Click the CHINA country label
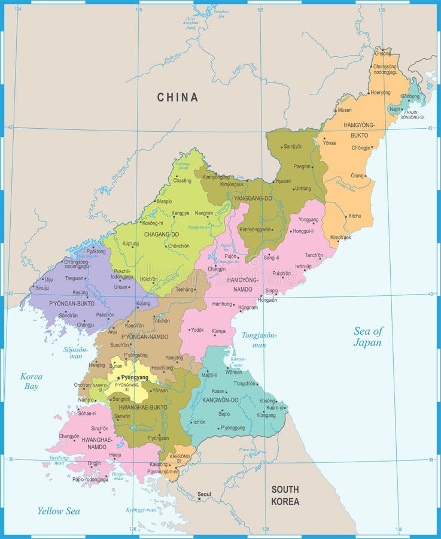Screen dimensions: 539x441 [x=177, y=97]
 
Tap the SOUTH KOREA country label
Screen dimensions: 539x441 [x=285, y=495]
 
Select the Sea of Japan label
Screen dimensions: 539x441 [x=367, y=337]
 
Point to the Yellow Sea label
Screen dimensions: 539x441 [x=59, y=511]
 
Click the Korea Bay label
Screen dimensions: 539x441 [x=31, y=381]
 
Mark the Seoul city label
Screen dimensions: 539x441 [x=205, y=494]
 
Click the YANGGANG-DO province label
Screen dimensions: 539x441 [x=253, y=198]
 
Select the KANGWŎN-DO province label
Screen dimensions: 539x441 [x=221, y=399]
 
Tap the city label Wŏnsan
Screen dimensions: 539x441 [x=234, y=372]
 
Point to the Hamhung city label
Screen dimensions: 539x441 [x=222, y=304]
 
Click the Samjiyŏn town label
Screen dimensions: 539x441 [x=293, y=147]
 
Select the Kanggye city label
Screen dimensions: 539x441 [x=181, y=213]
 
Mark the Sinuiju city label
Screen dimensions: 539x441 [x=42, y=288]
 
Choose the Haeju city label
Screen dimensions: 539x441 [x=115, y=455]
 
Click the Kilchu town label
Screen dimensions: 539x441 [x=355, y=216]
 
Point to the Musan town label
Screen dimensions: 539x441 [x=345, y=110]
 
